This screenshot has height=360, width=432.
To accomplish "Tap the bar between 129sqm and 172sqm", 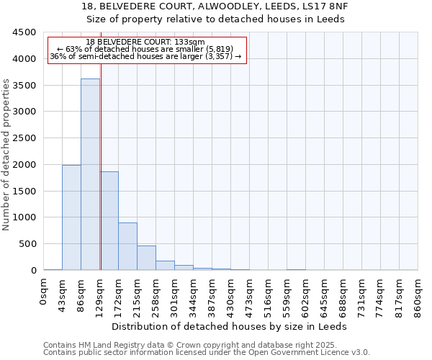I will click(109, 220).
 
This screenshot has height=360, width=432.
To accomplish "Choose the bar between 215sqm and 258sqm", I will click(146, 258).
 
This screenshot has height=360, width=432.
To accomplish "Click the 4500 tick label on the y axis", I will click(24, 32).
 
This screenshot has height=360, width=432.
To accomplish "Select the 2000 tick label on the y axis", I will click(24, 165).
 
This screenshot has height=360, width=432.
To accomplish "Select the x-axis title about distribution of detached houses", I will click(230, 326).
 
